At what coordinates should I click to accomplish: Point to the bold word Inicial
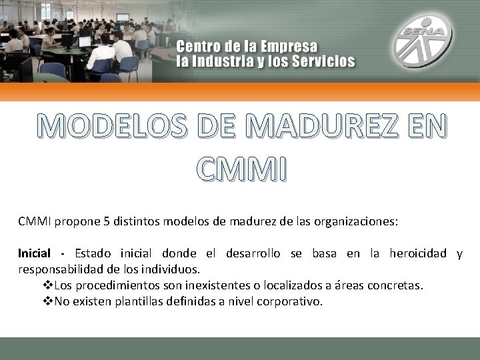pos(34,253)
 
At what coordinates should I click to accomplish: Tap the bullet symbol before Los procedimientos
pos(47,285)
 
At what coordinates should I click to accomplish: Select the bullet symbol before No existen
pos(47,301)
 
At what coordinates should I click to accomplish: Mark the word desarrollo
pos(253,253)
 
